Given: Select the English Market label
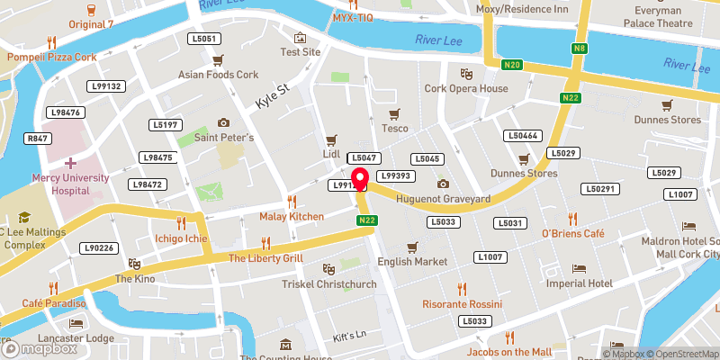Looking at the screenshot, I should (x=412, y=261).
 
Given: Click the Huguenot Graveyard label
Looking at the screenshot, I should (x=443, y=198).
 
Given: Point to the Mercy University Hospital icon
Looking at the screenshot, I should (x=69, y=163).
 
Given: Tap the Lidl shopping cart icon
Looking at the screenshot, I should (x=331, y=139).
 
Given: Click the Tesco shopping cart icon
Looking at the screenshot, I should (x=392, y=113).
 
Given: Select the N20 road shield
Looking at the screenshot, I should (x=513, y=64).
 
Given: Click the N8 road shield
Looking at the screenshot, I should (x=580, y=47).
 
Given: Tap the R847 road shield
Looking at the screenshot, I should (x=37, y=139).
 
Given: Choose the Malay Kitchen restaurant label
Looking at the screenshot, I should (x=292, y=217).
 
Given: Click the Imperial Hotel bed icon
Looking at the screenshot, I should (x=579, y=268).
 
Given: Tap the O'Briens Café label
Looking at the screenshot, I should (x=571, y=234).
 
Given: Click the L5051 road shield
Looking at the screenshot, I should (x=204, y=39).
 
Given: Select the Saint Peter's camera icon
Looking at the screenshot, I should (x=223, y=122).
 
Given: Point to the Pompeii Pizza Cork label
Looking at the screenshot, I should (x=51, y=56).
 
